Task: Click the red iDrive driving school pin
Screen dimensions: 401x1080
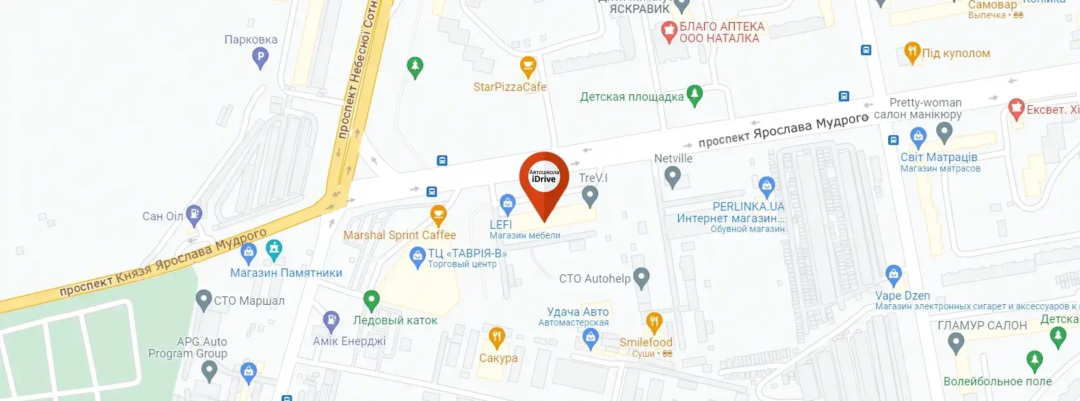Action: tap(544, 177)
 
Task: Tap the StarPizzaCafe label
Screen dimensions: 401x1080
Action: tap(510, 87)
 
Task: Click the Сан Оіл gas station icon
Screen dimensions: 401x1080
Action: tap(194, 214)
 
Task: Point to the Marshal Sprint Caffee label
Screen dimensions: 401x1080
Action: tap(399, 235)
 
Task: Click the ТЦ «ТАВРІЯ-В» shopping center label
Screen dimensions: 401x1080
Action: tap(467, 254)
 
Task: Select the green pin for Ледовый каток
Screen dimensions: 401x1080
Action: tap(371, 300)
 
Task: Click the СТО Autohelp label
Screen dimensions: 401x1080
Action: tap(594, 279)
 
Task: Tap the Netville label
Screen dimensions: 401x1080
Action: tap(673, 159)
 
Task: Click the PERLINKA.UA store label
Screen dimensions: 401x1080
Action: tap(748, 207)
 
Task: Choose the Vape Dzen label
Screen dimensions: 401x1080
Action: tap(902, 296)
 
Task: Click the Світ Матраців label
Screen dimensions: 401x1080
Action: tap(938, 157)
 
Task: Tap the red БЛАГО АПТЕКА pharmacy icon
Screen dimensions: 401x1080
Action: tap(669, 30)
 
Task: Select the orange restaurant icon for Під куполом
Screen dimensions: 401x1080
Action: tap(912, 52)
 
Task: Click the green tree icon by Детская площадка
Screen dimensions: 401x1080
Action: tap(694, 95)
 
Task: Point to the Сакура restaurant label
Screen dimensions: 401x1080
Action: tap(498, 358)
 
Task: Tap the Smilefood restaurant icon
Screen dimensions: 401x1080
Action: tap(654, 321)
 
